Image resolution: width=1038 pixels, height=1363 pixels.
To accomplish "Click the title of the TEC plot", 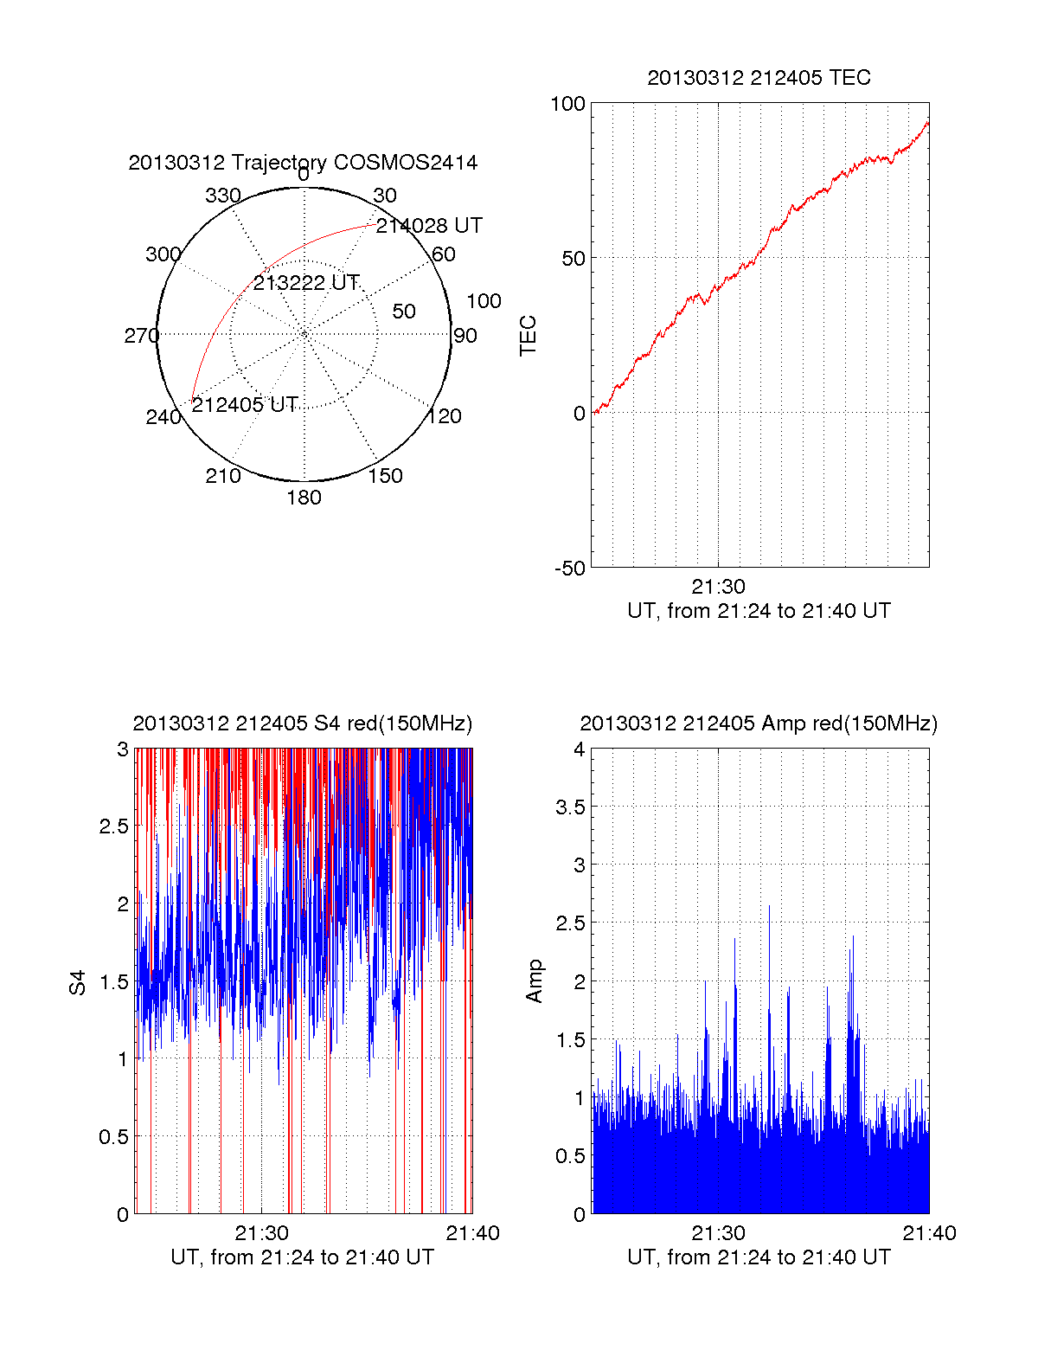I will pyautogui.click(x=759, y=78).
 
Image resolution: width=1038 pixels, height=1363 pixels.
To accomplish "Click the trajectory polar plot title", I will pyautogui.click(x=303, y=163).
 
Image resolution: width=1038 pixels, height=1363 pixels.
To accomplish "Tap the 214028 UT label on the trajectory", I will pyautogui.click(x=429, y=226).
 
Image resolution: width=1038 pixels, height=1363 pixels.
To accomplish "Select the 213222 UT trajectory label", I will pyautogui.click(x=306, y=283).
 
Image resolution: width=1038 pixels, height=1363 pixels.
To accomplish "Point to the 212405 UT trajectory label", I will pyautogui.click(x=245, y=405).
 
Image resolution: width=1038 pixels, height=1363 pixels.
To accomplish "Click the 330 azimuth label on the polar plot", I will pyautogui.click(x=222, y=196).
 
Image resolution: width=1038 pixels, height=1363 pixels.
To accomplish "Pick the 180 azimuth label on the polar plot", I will pyautogui.click(x=304, y=498).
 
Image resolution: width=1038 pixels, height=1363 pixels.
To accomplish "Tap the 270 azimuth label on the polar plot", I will pyautogui.click(x=141, y=336).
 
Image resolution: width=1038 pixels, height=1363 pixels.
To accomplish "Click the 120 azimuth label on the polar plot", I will pyautogui.click(x=445, y=416).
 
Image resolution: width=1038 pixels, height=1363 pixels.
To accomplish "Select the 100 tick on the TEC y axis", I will pyautogui.click(x=567, y=104).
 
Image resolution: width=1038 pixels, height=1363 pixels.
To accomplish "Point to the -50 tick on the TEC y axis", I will pyautogui.click(x=570, y=569).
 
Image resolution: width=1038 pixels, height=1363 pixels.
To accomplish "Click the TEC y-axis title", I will pyautogui.click(x=529, y=336).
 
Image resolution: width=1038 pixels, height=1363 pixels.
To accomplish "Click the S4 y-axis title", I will pyautogui.click(x=79, y=982).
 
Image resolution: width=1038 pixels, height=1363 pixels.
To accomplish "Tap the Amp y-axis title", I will pyautogui.click(x=535, y=981).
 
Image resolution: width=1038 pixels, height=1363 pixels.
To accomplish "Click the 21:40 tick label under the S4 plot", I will pyautogui.click(x=472, y=1233).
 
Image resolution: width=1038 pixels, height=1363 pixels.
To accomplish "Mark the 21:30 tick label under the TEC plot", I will pyautogui.click(x=718, y=587).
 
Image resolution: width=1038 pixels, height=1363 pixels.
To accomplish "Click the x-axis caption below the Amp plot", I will pyautogui.click(x=759, y=1257).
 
